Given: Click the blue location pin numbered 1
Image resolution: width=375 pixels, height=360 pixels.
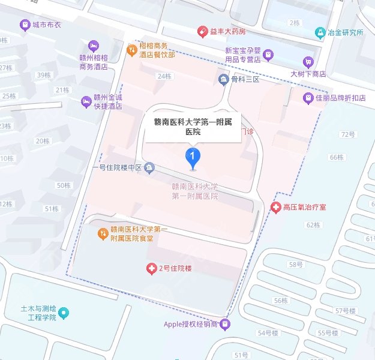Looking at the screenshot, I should coord(192,158).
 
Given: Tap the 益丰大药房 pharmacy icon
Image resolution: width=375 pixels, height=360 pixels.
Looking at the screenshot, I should coord(203,31).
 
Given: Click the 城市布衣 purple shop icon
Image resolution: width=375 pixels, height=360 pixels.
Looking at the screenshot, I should coord(24,25).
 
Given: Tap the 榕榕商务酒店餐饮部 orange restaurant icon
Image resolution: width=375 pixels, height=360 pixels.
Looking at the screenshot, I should coord(131,50).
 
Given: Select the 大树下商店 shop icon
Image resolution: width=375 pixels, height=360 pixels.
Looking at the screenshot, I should coord(308,61).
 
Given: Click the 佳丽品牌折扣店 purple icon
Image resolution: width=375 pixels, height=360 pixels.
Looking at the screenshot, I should coord(308,97).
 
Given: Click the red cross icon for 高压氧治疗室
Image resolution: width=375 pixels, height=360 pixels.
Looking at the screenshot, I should coord(276,207).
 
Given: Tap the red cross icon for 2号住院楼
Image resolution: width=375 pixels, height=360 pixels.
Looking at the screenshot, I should coord(151,268).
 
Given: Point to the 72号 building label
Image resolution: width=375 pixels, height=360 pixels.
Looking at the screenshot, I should coord(348,134).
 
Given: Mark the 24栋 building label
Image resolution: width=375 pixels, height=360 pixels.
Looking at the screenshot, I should coord(163,76).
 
